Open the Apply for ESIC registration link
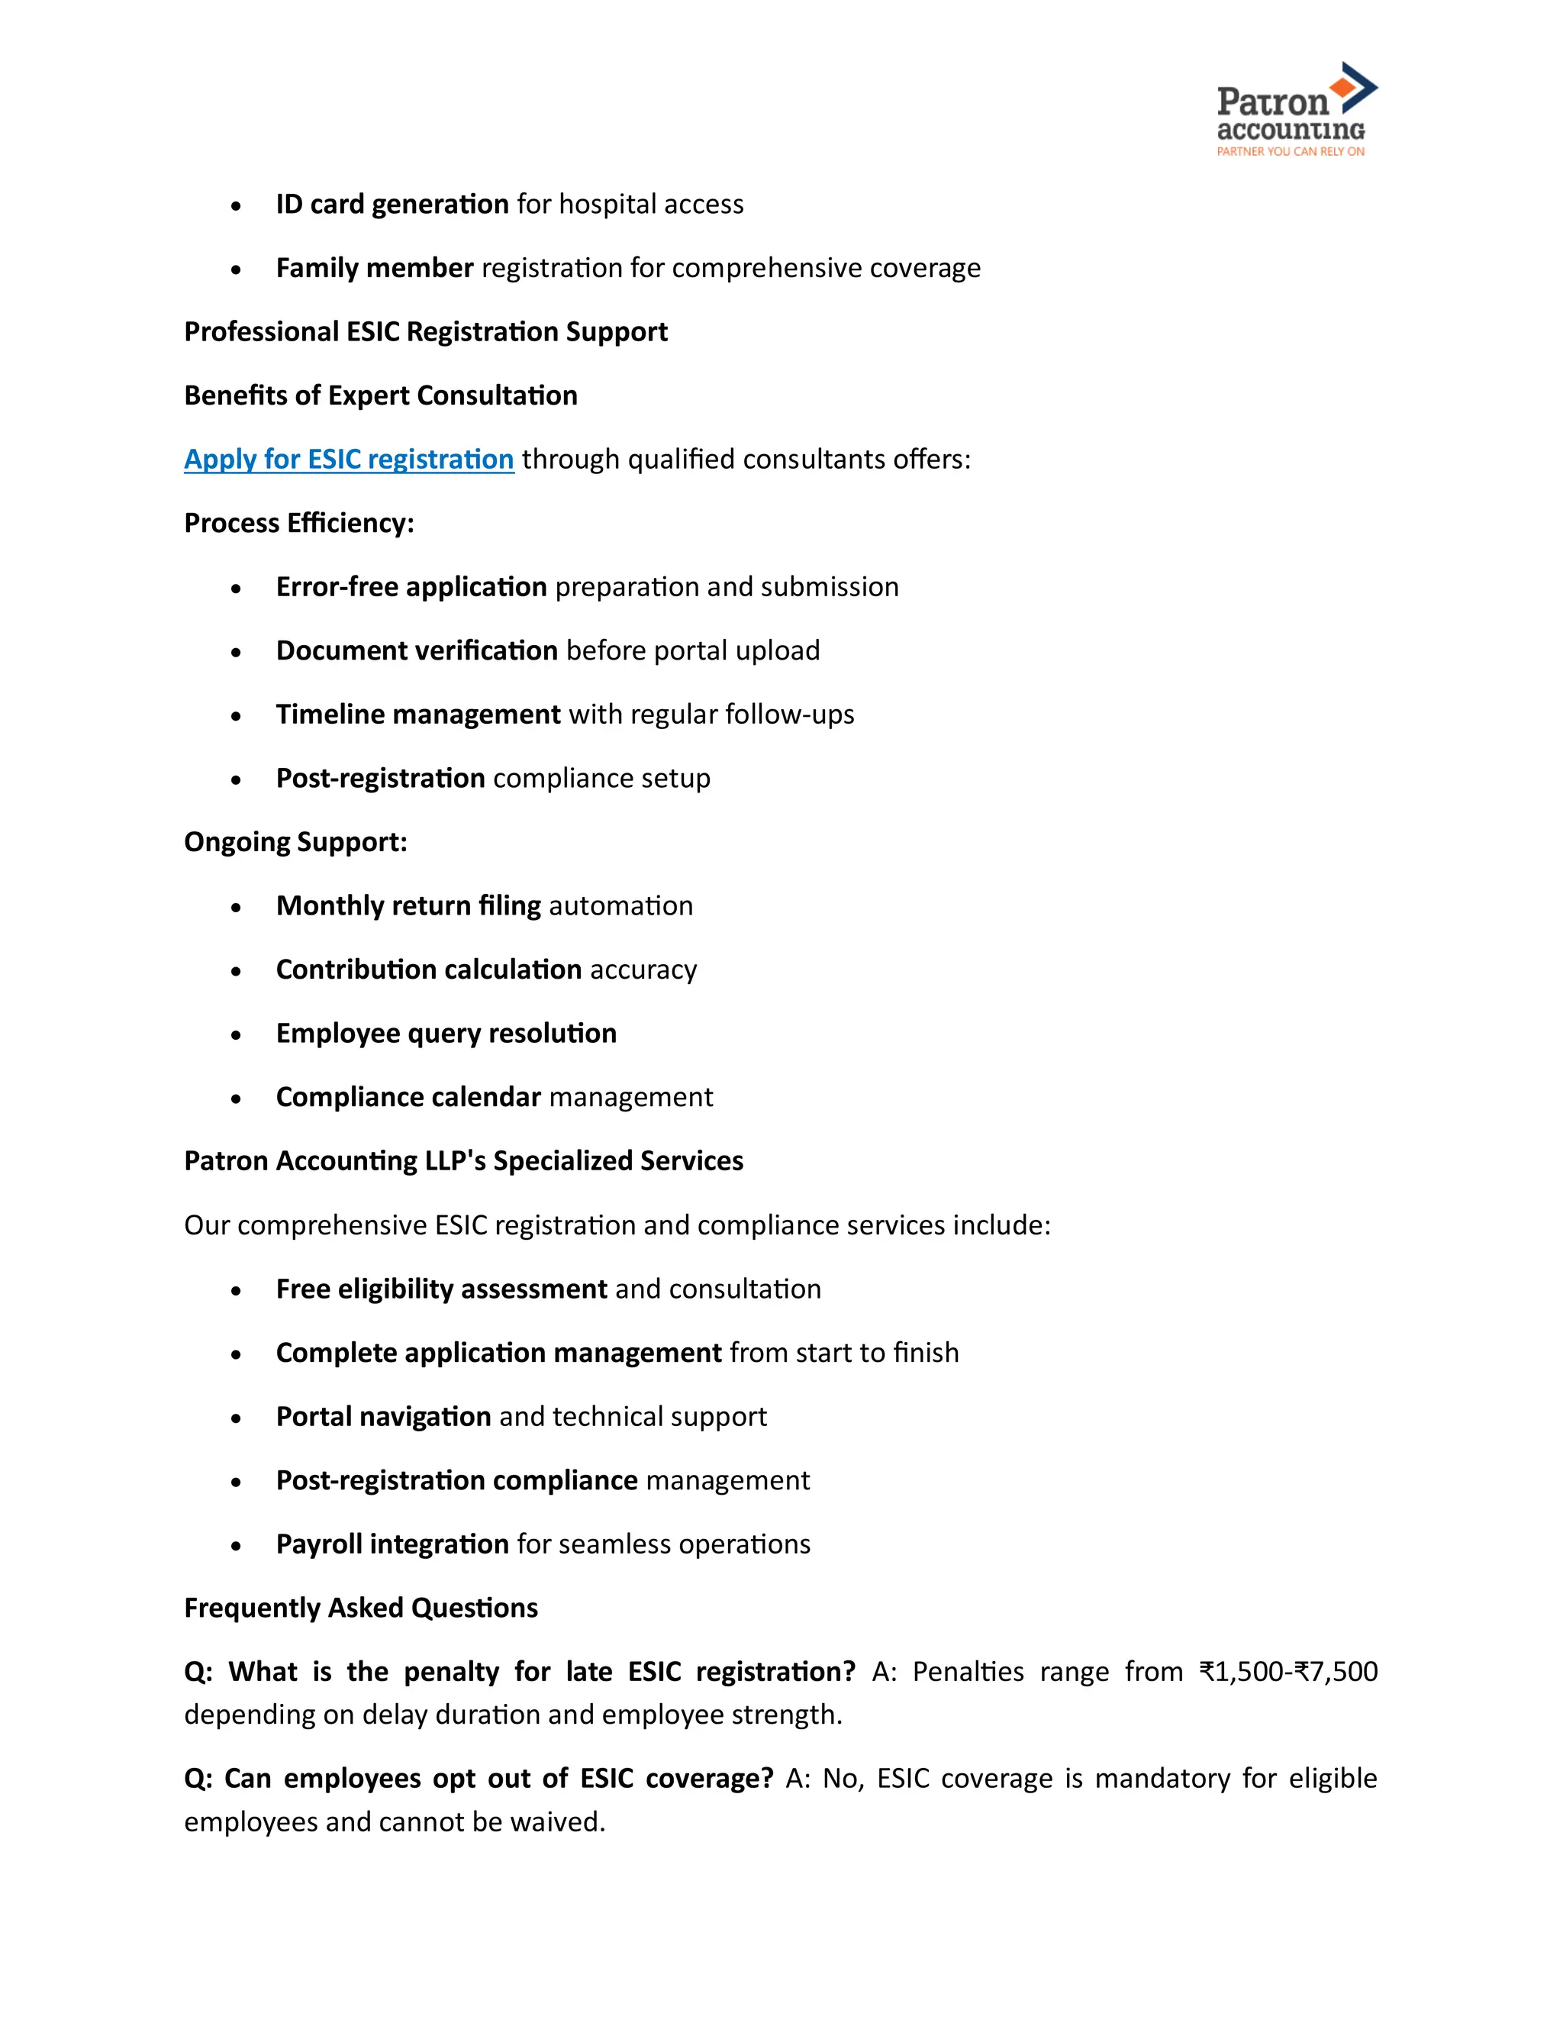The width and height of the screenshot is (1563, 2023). [348, 459]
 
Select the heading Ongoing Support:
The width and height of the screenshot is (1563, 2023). [295, 841]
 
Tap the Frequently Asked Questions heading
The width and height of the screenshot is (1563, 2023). [360, 1607]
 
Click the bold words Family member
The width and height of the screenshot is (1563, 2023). [374, 268]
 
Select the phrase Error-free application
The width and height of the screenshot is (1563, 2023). [411, 586]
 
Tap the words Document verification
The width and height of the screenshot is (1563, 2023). [417, 650]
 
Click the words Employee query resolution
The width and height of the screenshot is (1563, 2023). [446, 1033]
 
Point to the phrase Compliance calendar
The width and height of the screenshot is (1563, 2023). [408, 1097]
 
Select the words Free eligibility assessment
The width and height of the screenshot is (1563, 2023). [441, 1289]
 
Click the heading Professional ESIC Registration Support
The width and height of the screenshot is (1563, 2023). [425, 331]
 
